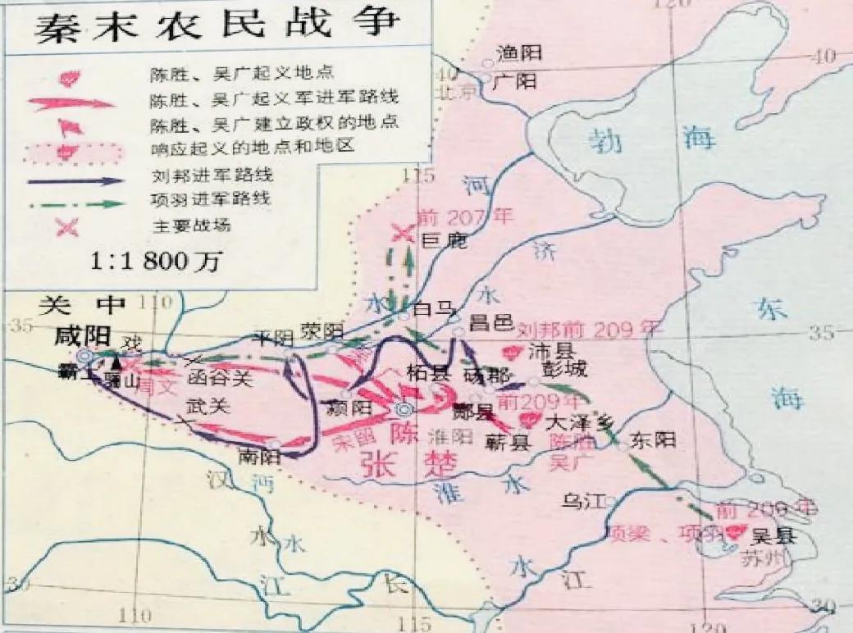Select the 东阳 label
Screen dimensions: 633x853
pos(654,441)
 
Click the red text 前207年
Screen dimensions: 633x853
pos(465,216)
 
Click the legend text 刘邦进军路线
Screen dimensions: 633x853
pos(213,175)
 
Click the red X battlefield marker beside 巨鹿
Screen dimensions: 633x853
pos(403,234)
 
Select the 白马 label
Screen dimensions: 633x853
pos(434,308)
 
